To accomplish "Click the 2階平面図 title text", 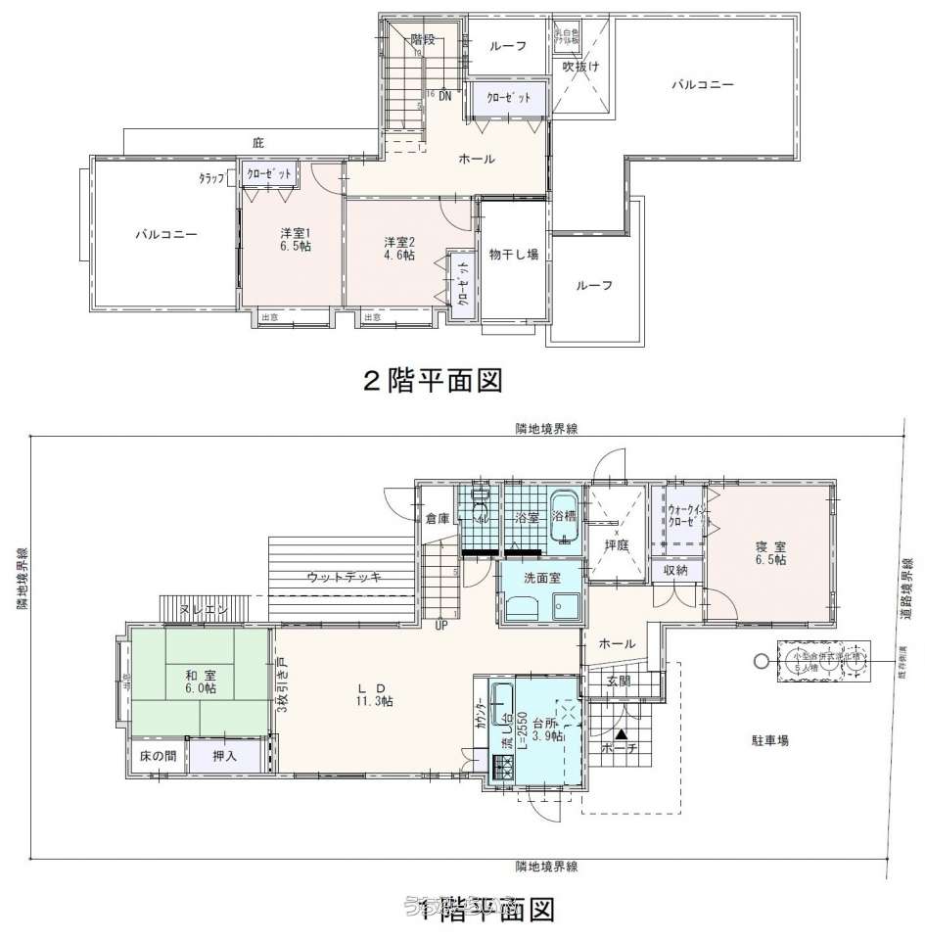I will [x=433, y=381].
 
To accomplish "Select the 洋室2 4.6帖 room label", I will [x=398, y=248].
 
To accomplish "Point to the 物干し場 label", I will [x=514, y=255].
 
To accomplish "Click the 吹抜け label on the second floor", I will [x=580, y=67].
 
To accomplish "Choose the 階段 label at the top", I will [x=423, y=40].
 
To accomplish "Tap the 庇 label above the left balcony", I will [x=258, y=143].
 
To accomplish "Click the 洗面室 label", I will [x=541, y=578].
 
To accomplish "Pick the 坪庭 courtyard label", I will [x=616, y=544].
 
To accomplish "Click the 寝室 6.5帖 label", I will [x=770, y=552].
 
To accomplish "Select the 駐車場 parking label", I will [x=770, y=741].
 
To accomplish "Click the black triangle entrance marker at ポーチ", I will [x=621, y=732].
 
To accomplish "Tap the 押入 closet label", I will [x=225, y=756].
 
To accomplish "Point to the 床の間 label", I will [x=158, y=756].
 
